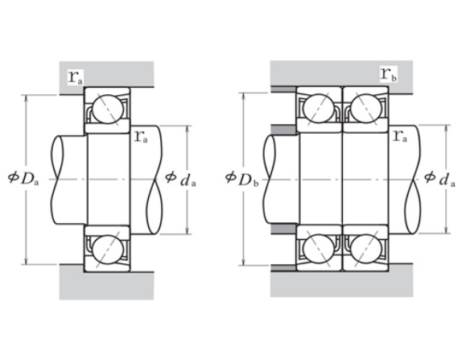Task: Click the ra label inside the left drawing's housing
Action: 76,77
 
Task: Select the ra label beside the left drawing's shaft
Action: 141,136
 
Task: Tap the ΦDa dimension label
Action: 23,178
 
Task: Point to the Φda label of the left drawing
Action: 180,179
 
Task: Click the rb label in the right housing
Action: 389,74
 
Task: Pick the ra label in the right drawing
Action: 400,135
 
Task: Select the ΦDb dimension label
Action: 242,179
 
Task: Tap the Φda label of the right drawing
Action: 439,179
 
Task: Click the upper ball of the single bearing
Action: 108,109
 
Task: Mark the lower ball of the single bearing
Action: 108,249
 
